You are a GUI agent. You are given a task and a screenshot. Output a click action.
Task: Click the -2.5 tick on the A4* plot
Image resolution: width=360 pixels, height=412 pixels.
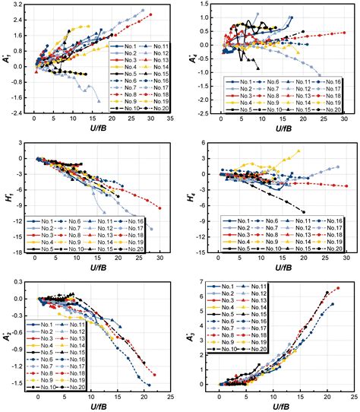click(201, 113)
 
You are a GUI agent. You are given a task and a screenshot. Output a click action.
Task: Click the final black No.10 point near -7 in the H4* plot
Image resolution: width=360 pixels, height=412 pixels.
click(303, 212)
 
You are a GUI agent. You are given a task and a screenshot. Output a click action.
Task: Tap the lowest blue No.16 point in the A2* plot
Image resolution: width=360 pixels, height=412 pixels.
click(149, 385)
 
